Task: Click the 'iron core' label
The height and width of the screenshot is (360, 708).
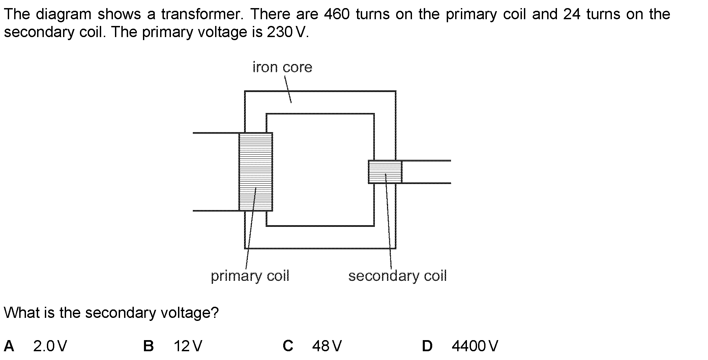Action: click(x=283, y=67)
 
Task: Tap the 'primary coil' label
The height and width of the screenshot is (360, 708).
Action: click(x=250, y=276)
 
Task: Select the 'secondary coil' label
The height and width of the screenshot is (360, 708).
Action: click(x=397, y=276)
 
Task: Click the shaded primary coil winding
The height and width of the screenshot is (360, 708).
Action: click(x=256, y=172)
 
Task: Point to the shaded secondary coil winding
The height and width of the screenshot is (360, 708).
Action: click(x=385, y=172)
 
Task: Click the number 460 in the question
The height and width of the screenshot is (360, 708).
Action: click(x=336, y=14)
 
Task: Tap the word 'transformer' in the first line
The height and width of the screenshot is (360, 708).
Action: click(x=200, y=14)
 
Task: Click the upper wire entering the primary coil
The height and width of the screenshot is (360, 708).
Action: click(x=216, y=133)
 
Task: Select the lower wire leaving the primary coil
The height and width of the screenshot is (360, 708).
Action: click(x=216, y=211)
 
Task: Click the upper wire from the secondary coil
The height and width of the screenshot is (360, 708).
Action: click(x=426, y=161)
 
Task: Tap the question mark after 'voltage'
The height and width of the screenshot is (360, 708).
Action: click(x=215, y=312)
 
